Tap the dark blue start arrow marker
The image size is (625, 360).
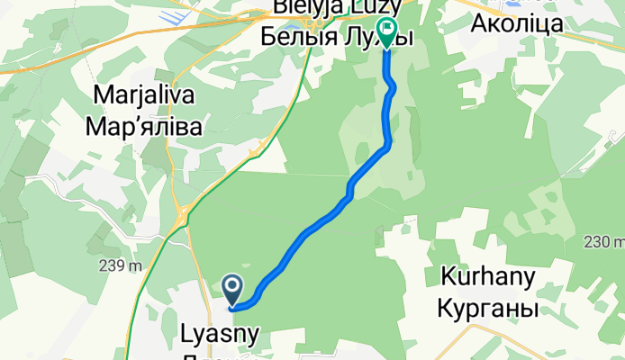[232, 290]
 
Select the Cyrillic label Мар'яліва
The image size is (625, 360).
[143, 127]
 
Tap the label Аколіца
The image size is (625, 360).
[517, 23]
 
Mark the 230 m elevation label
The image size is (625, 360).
[603, 241]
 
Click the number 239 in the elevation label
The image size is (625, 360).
[111, 266]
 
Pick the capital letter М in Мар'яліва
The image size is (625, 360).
[95, 127]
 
